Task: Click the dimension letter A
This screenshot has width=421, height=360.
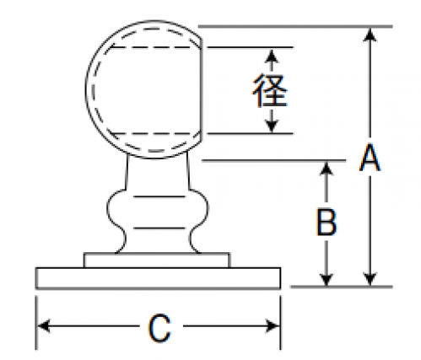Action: tap(370, 158)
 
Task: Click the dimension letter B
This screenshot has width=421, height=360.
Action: tap(327, 222)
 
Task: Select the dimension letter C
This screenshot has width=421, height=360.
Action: tap(159, 328)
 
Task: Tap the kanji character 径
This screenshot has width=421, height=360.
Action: tap(270, 90)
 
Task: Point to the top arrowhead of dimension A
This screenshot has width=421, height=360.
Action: tap(370, 35)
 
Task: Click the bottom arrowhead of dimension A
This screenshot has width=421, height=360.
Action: tap(370, 279)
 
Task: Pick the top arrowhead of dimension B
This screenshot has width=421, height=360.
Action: tap(327, 169)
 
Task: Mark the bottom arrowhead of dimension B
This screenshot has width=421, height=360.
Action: tap(327, 279)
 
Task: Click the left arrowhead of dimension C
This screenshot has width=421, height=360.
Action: tap(44, 326)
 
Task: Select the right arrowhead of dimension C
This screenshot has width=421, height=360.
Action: tap(273, 326)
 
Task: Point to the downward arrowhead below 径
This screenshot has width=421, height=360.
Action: tap(272, 126)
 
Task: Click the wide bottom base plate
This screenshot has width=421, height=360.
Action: tap(158, 278)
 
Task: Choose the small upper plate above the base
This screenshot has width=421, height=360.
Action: tap(157, 261)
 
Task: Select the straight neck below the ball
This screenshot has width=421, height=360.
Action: tap(158, 172)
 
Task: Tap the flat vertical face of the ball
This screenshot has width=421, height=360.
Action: tap(202, 90)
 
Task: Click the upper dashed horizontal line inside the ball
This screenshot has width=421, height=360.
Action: tap(155, 47)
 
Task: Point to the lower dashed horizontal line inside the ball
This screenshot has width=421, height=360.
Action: tap(155, 133)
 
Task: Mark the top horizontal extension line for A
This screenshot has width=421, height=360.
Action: tap(295, 27)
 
